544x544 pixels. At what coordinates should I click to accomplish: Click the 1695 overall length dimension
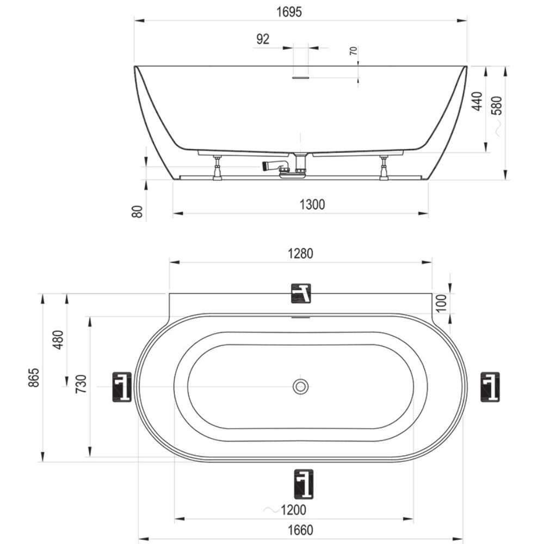click(289, 12)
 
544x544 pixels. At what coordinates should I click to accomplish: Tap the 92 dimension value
click(263, 39)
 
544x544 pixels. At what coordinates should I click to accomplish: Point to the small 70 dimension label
click(353, 51)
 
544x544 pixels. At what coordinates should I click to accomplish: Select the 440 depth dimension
click(477, 101)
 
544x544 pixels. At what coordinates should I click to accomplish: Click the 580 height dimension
click(497, 106)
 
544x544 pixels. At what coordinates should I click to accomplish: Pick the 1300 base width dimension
click(312, 205)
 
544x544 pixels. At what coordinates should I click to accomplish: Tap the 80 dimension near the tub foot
click(138, 211)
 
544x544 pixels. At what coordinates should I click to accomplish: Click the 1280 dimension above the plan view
click(300, 254)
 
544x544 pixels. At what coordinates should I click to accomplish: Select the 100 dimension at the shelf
click(441, 303)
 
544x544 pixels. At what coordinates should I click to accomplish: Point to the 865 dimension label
click(34, 378)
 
